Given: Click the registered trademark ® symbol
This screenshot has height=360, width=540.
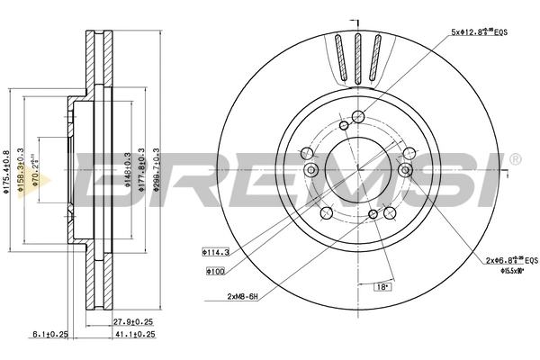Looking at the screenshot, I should pos(515,160).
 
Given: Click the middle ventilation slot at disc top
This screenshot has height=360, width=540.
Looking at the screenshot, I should pos(356,57).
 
